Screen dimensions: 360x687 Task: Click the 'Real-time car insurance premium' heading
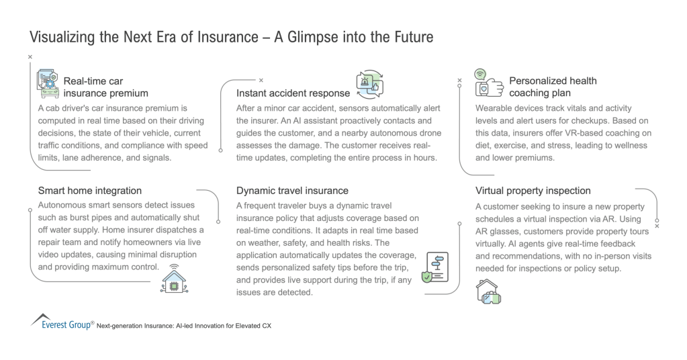pos(105,87)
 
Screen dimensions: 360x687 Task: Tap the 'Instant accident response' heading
pos(293,93)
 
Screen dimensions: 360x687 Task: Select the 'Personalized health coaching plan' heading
pos(553,87)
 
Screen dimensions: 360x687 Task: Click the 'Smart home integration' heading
pos(90,191)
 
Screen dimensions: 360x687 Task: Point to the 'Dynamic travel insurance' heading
pos(292,191)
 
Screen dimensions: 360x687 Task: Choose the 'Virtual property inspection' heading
pos(533,191)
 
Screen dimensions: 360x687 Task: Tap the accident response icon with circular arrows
pos(369,85)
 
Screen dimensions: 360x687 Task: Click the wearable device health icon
pos(488,85)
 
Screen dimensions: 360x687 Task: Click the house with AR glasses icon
pos(488,291)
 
